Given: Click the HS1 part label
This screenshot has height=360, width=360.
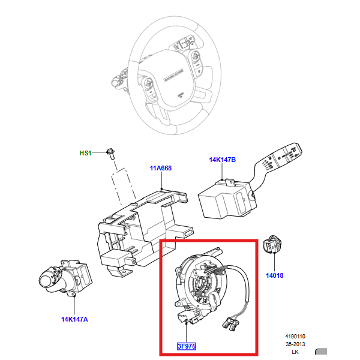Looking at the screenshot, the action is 85,153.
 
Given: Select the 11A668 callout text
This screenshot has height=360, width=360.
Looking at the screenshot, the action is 160,168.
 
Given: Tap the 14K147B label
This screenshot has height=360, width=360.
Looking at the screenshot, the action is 222,160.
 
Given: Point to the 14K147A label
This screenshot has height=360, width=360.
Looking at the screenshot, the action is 74,319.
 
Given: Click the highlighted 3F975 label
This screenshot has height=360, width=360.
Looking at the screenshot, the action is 186,346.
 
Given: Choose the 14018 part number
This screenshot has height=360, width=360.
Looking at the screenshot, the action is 274,275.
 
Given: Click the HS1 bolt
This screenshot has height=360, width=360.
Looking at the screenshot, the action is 110,154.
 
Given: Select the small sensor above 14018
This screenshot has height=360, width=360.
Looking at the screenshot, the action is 272,244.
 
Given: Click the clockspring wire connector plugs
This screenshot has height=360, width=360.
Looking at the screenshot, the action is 230,323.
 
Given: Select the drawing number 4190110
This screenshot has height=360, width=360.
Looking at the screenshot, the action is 295,337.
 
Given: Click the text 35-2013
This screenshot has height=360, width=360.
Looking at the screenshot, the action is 295,344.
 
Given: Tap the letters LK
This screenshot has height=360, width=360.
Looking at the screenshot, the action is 295,352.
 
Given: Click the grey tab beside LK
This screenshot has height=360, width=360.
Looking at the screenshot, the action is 321,351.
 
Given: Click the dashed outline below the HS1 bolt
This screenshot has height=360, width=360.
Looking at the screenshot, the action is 123,187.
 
